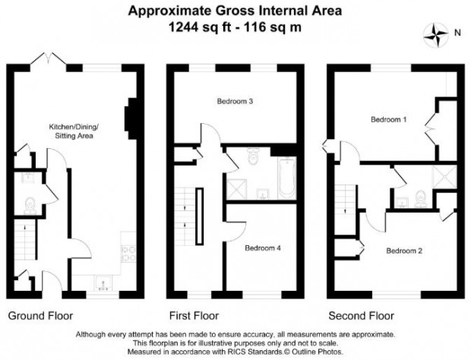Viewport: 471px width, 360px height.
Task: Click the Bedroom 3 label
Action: tap(235, 101)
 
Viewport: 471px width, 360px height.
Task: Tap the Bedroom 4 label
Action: tap(263, 248)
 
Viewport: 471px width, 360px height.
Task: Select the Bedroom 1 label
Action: tap(389, 119)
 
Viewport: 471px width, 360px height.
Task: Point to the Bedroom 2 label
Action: tap(404, 251)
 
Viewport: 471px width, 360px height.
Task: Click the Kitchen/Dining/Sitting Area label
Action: tap(74, 131)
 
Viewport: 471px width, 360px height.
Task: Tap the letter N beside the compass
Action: tap(457, 33)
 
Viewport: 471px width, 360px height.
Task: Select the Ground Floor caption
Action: tap(40, 316)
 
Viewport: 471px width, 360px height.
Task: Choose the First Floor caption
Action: tap(194, 316)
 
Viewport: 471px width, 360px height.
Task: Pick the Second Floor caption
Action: tap(361, 316)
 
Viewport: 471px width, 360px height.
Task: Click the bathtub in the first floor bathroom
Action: tap(287, 178)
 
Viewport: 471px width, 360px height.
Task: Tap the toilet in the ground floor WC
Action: tap(30, 206)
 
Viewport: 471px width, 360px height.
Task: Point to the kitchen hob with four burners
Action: tap(128, 254)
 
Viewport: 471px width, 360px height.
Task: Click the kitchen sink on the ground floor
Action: tap(103, 283)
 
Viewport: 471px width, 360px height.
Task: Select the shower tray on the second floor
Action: tap(444, 176)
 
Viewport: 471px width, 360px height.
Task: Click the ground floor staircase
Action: tap(25, 239)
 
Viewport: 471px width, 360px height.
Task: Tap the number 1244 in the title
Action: tap(184, 27)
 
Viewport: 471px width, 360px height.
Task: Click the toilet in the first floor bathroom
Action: tap(253, 156)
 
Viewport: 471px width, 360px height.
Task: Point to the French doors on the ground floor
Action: tap(48, 58)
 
